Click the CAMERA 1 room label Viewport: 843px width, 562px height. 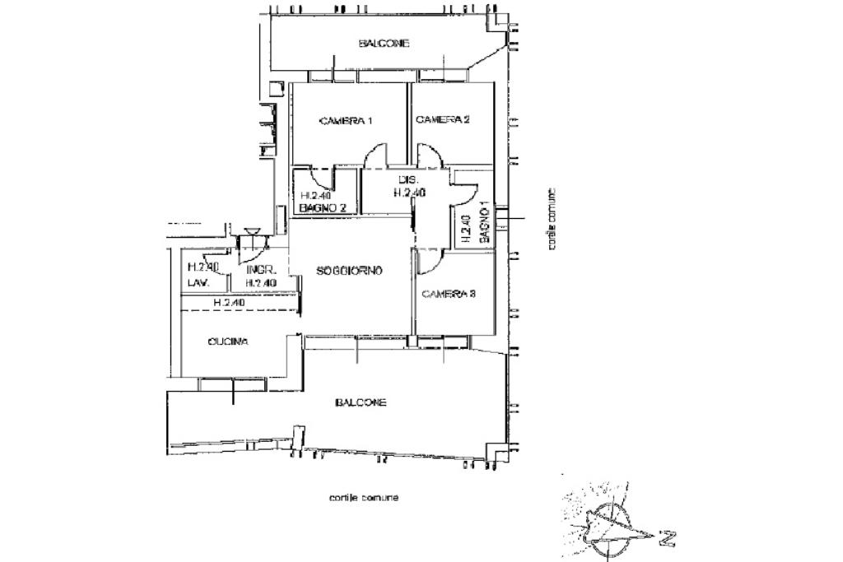(x=346, y=121)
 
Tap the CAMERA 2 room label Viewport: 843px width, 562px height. (x=442, y=120)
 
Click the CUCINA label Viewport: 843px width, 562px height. (x=228, y=341)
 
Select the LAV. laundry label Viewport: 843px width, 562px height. (x=198, y=282)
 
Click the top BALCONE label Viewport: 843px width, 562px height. (x=384, y=44)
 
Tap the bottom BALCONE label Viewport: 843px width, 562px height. (x=361, y=402)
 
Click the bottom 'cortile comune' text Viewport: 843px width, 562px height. (x=363, y=498)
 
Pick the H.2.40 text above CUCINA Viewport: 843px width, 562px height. (x=229, y=303)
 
